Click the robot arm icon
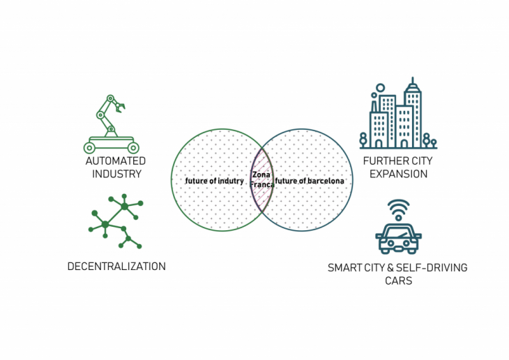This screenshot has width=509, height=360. pos(111,124)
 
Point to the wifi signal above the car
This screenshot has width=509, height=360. pos(399,209)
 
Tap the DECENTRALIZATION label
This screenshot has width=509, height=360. pos(116,267)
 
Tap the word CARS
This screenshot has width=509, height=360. pos(397,280)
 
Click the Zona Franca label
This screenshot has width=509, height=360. pos(261,180)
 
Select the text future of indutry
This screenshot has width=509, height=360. pos(214,181)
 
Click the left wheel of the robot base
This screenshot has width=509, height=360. pos(89,147)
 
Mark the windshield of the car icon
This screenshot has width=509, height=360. pos(399,230)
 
